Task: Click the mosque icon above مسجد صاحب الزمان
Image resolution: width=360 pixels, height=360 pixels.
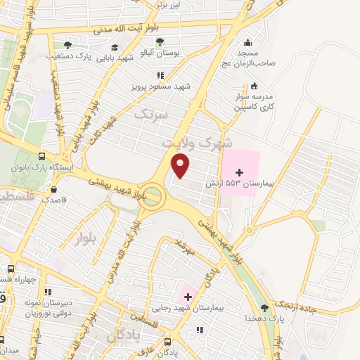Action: click(x=247, y=41)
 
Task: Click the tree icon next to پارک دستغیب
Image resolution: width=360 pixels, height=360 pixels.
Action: click(x=67, y=45)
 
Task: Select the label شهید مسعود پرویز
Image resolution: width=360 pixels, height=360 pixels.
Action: click(x=161, y=86)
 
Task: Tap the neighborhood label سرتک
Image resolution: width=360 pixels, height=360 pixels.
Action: click(x=150, y=113)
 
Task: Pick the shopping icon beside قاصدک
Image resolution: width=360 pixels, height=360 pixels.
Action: click(x=53, y=189)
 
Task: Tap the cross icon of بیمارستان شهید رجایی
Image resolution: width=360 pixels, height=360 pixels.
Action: click(x=188, y=297)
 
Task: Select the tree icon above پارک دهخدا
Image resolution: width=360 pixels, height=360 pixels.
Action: click(x=265, y=307)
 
